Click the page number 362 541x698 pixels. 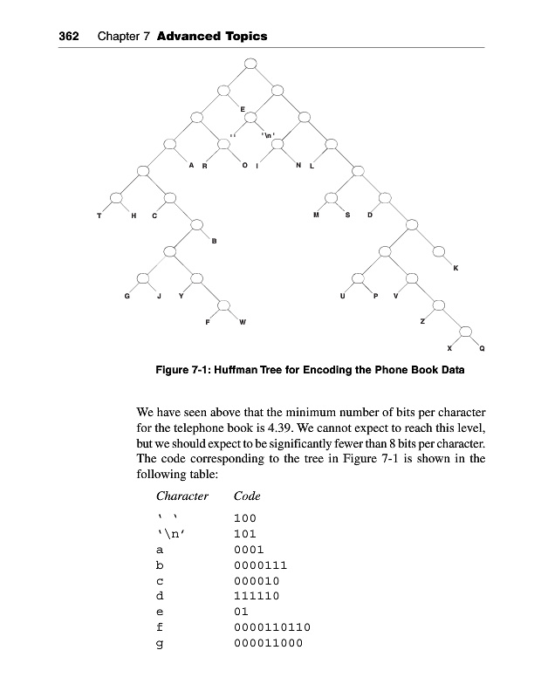coord(70,36)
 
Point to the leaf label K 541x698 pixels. coord(455,268)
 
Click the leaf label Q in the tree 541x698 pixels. coord(483,348)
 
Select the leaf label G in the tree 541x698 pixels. coord(128,296)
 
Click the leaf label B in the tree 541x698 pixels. coord(215,241)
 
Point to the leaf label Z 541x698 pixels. coord(422,323)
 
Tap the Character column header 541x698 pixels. coord(181,496)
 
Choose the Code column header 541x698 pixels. coord(247,496)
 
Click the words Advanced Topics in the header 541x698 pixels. coord(212,36)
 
